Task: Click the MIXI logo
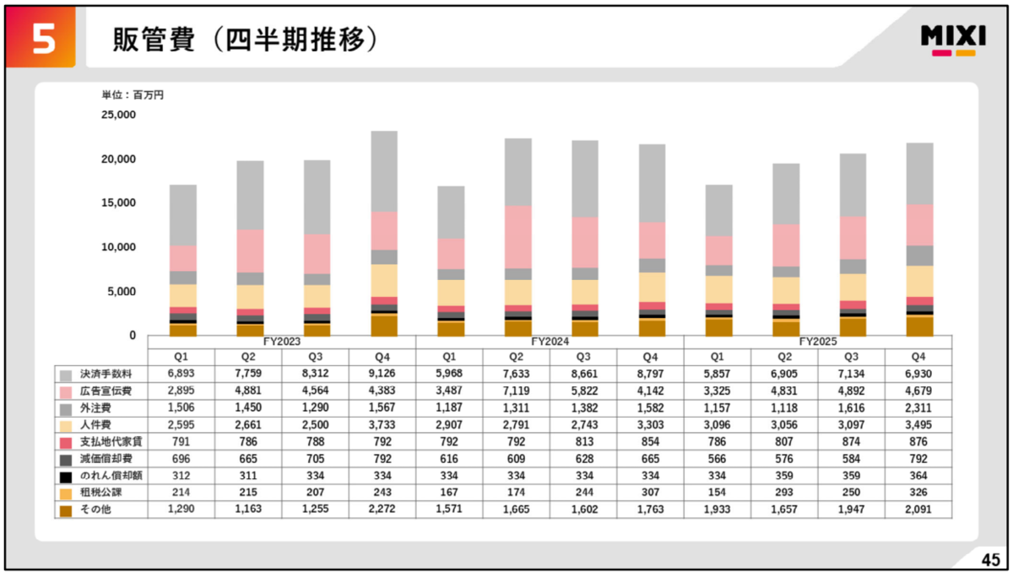click(953, 40)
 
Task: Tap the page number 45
click(990, 560)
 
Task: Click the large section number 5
click(44, 40)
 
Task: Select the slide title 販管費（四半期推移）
click(245, 40)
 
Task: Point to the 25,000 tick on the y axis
click(118, 115)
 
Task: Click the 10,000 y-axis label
click(118, 247)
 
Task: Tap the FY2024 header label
click(550, 342)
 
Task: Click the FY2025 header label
click(818, 342)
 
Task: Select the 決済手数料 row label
click(106, 374)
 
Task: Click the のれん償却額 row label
click(111, 475)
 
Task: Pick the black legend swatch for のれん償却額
click(66, 478)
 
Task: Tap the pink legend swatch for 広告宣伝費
click(66, 392)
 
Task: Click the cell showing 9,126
click(382, 374)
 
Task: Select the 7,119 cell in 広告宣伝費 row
click(516, 391)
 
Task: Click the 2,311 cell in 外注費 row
click(918, 408)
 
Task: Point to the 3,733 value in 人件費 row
click(382, 424)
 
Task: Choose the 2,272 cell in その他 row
click(382, 510)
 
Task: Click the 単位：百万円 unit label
click(133, 94)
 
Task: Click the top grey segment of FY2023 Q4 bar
click(384, 171)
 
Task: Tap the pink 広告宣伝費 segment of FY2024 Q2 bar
click(518, 237)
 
